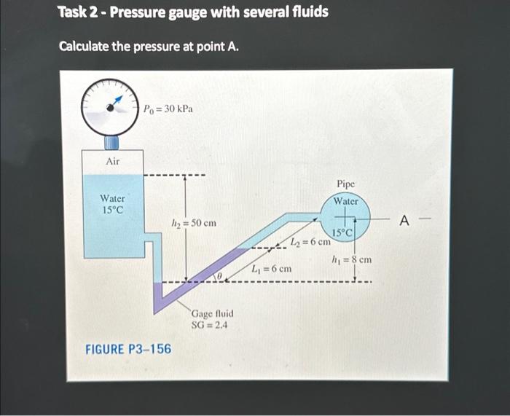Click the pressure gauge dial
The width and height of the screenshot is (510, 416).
[x=110, y=106]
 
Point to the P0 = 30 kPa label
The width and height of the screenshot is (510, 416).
[x=168, y=109]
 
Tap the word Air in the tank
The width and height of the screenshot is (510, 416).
[x=113, y=161]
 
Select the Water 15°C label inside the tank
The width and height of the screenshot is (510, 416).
[x=112, y=204]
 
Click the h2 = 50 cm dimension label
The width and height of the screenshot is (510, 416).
[x=193, y=222]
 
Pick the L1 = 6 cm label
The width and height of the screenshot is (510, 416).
[x=271, y=269]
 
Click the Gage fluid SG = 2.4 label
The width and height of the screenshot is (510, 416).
[x=212, y=319]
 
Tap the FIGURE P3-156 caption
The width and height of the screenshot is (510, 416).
[x=128, y=349]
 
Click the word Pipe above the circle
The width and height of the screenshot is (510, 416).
[x=346, y=185]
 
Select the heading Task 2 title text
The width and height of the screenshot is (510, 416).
[x=193, y=12]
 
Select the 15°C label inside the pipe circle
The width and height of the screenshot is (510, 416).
[x=342, y=232]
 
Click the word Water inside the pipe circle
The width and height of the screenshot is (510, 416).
[x=346, y=201]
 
